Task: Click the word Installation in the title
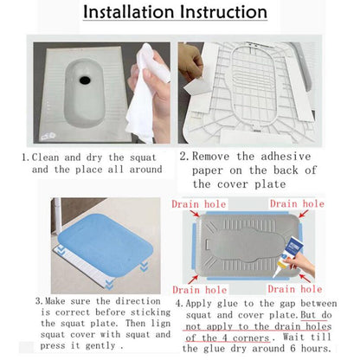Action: point(128,12)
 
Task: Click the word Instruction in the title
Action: point(223,12)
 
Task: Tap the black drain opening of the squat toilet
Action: point(85,80)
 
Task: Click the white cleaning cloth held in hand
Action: point(145,95)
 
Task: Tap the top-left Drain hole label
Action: point(199,204)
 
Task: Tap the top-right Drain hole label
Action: point(297,204)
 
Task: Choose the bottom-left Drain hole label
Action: point(200,290)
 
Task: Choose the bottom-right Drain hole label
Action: point(295,289)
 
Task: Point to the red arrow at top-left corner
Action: point(195,214)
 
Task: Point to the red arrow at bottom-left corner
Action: point(193,280)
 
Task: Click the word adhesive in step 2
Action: point(286,157)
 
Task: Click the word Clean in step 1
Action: point(45,157)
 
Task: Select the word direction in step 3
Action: point(138,301)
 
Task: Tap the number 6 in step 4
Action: point(292,348)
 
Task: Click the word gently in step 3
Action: point(100,346)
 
